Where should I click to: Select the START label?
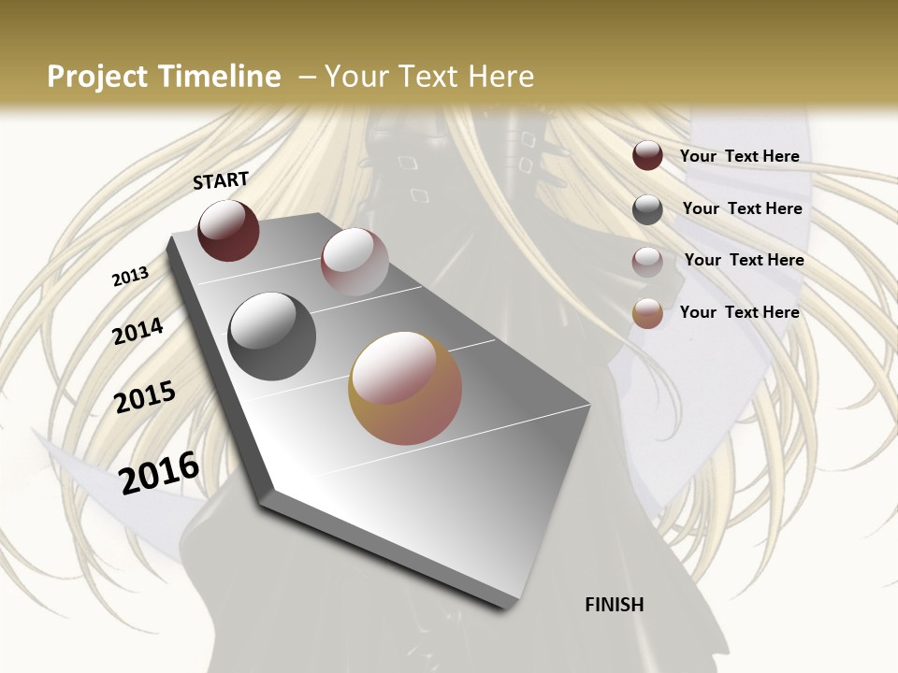[221, 180]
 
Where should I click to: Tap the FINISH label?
[615, 605]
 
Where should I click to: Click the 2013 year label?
[131, 277]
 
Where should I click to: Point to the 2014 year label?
[138, 331]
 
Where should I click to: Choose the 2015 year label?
[145, 397]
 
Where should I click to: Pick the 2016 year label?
[160, 472]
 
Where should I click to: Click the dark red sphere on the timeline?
[228, 231]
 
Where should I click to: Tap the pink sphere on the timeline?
[355, 262]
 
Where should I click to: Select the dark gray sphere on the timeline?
[272, 336]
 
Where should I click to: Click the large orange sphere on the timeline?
[405, 388]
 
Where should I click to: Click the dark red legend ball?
[647, 156]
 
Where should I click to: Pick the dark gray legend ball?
[647, 209]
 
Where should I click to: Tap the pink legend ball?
[647, 262]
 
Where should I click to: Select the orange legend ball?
[647, 314]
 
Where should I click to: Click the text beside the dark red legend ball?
[740, 157]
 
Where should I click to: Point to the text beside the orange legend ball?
[740, 312]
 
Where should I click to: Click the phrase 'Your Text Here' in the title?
[429, 77]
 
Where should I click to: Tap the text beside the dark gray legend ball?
[743, 208]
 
